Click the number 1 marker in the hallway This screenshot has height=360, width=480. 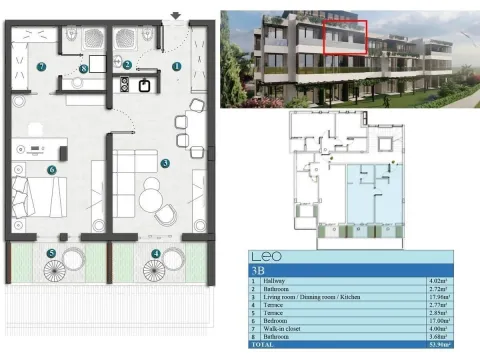177,66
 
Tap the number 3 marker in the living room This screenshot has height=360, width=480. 164,162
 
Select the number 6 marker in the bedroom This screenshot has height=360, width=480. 49,170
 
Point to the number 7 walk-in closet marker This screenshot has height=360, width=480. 41,66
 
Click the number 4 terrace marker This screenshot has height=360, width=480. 155,254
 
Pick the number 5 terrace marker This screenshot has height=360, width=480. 50,254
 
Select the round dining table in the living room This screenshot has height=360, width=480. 150,197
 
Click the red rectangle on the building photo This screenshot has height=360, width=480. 345,37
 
